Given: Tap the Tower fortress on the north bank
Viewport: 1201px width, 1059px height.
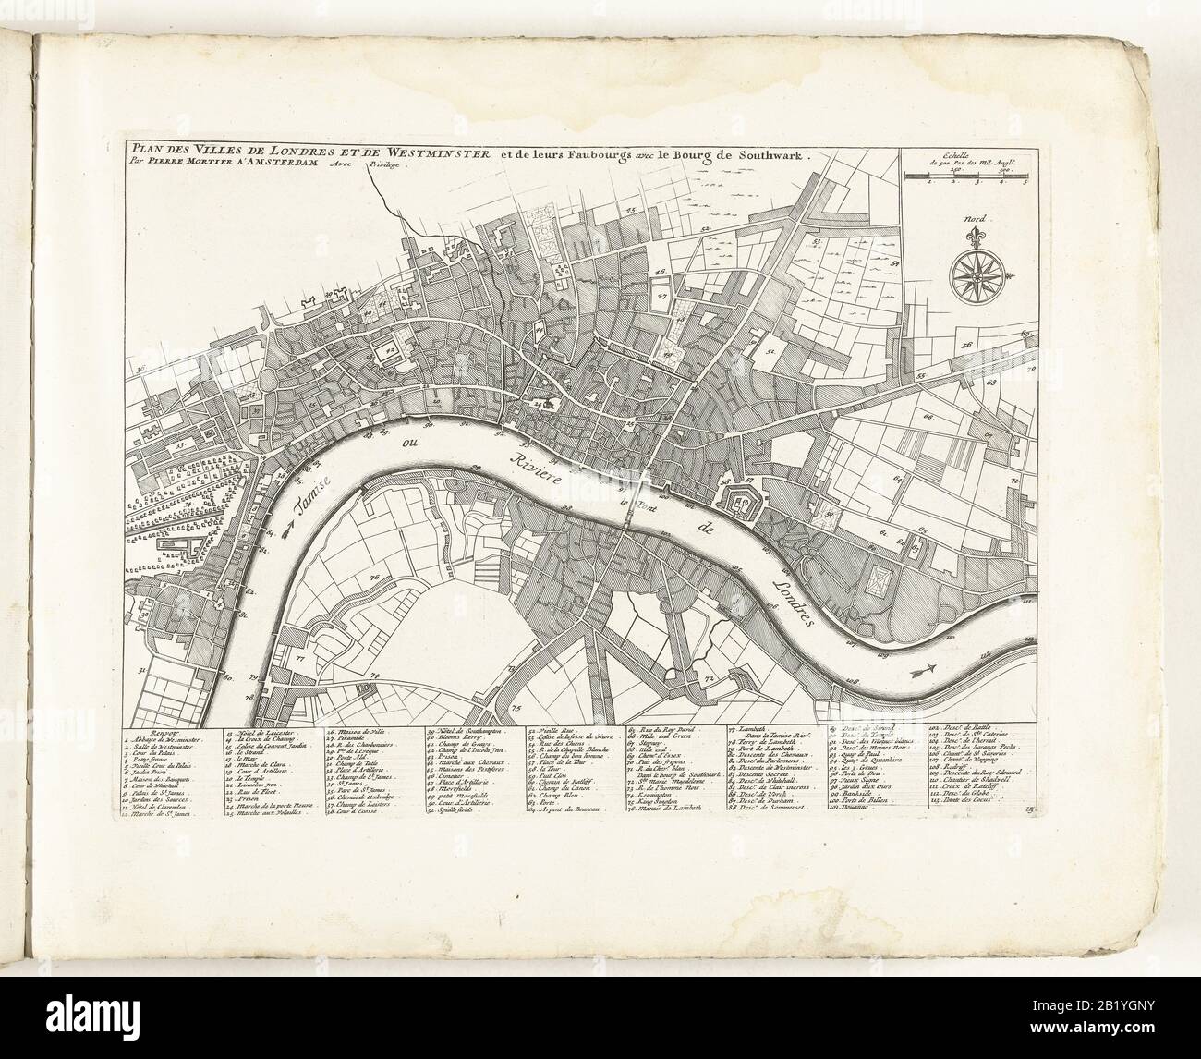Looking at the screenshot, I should (741, 505).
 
